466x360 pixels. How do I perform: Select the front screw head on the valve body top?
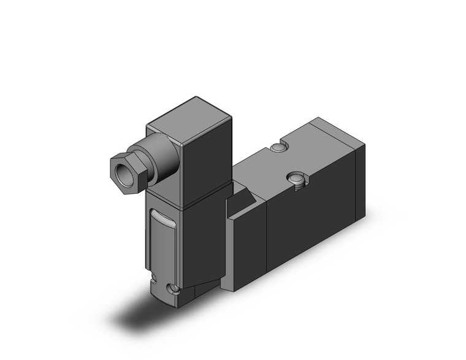click(296, 178)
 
